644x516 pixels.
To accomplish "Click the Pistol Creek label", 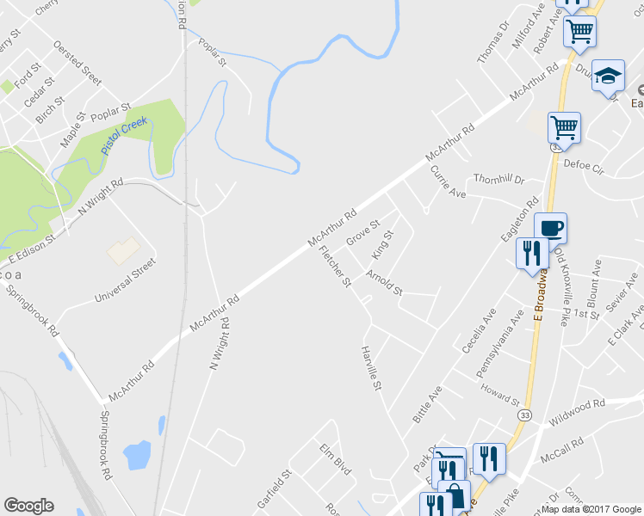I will pos(125,136).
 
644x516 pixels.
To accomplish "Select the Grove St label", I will pos(362,230).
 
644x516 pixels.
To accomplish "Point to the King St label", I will pos(381,245).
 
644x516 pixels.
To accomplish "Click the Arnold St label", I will pos(384,283).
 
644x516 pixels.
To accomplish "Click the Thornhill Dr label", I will pos(498,180).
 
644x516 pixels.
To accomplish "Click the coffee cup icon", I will pos(551,229).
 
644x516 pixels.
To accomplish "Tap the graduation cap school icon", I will pos(608,76).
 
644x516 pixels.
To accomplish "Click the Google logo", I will pos(28,506).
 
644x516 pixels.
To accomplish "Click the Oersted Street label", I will pos(77,58).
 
